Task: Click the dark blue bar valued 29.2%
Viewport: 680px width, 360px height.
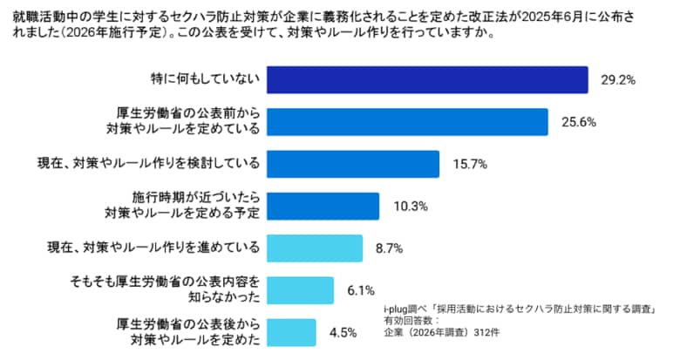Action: [x=427, y=79]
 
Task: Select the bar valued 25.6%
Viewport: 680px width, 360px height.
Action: [x=406, y=121]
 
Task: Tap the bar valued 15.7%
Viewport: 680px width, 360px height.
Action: [x=352, y=164]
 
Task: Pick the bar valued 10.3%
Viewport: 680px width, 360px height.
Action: [x=323, y=206]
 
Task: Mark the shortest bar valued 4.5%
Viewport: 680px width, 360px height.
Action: [x=291, y=332]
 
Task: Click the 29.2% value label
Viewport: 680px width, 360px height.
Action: [x=617, y=80]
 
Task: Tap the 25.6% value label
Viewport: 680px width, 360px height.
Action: [x=577, y=122]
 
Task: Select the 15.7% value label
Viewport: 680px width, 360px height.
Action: [x=468, y=164]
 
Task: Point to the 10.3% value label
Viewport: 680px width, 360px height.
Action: [x=409, y=206]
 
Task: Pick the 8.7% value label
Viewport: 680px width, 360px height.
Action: [x=388, y=248]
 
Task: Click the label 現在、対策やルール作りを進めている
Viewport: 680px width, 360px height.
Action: [x=153, y=248]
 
